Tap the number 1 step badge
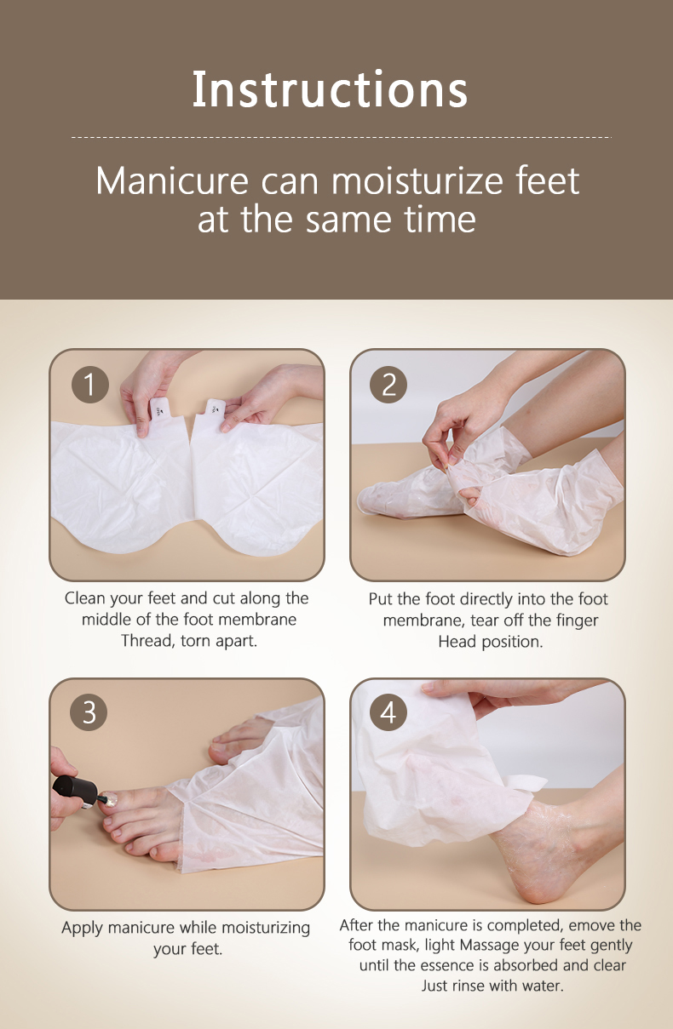point(90,385)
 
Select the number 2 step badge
point(388,385)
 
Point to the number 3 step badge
point(89,712)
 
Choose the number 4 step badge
point(388,712)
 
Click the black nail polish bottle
point(76,790)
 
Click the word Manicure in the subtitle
point(172,181)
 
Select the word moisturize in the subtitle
point(417,181)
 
